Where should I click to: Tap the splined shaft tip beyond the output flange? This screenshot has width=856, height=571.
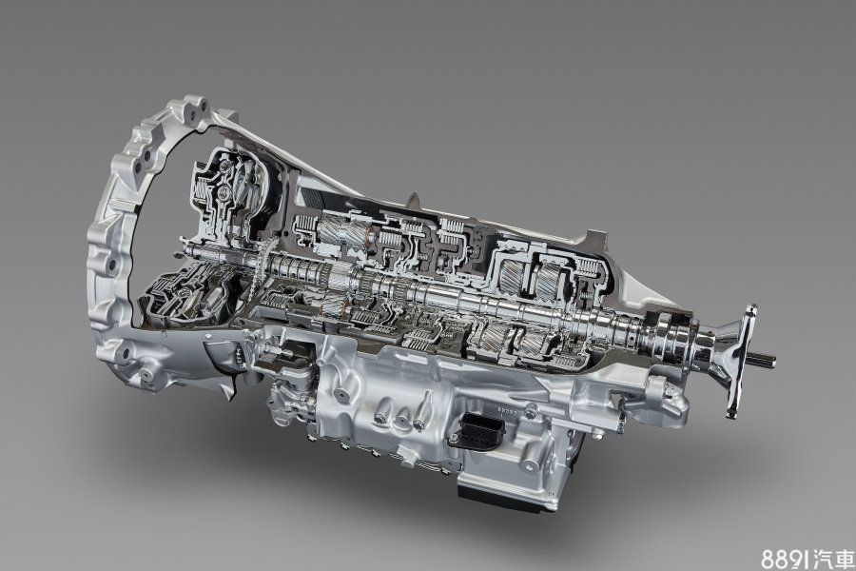(765, 360)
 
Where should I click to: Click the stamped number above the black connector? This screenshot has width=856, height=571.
(506, 408)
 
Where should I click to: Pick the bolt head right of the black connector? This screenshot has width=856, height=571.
(529, 414)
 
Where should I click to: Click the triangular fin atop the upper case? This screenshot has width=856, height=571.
(414, 199)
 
